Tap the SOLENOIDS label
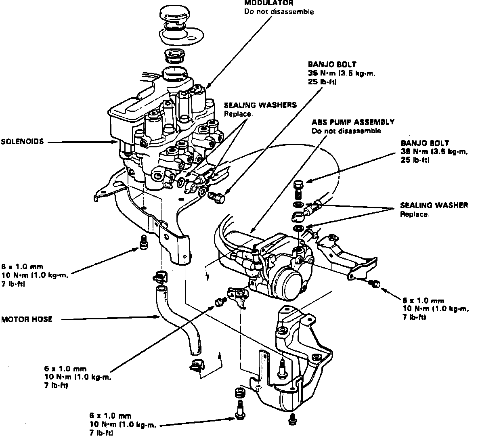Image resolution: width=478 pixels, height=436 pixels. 22,142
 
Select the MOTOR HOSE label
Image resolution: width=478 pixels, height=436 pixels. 27,319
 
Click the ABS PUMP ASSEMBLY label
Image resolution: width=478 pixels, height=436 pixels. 353,122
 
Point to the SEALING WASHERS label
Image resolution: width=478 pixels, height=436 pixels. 260,105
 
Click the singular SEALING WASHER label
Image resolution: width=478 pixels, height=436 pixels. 434,205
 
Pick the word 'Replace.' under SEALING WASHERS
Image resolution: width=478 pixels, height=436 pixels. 239,114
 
